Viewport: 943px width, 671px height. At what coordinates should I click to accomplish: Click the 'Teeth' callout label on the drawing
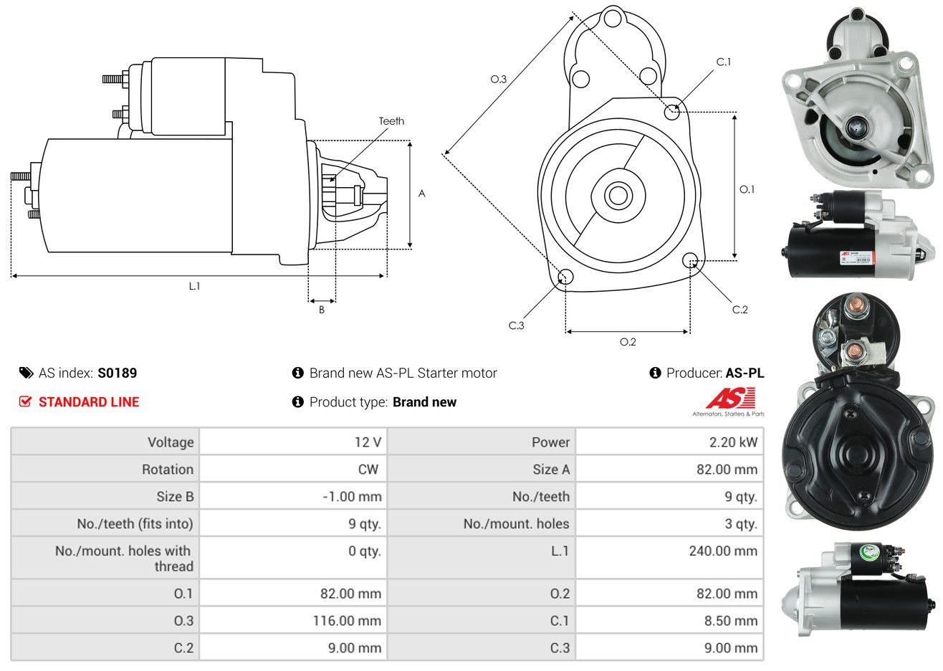[391, 121]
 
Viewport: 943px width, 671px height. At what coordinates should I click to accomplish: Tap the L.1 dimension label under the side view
[194, 286]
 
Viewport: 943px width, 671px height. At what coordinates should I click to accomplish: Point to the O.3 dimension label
[498, 79]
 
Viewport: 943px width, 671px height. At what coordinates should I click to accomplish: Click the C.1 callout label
[724, 62]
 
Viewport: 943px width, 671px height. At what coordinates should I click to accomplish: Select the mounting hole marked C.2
[691, 260]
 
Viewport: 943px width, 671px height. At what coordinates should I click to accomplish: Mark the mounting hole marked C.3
[565, 277]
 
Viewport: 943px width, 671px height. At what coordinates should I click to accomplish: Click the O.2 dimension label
[628, 342]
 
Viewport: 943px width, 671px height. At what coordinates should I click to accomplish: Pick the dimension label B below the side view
[322, 310]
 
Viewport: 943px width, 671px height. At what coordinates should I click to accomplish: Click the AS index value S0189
[117, 373]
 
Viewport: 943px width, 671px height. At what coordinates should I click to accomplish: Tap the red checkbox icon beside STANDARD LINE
[26, 401]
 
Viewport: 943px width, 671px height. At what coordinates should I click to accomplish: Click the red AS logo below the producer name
[730, 399]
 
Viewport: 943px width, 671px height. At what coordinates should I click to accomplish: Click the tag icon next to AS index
[27, 373]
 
